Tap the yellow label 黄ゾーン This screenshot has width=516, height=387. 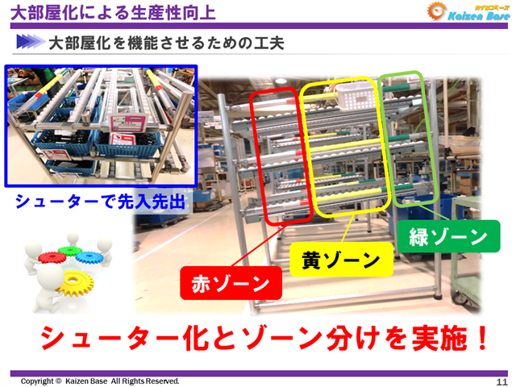(340, 260)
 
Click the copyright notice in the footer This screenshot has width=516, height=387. (101, 381)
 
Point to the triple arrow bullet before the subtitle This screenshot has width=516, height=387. (29, 41)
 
